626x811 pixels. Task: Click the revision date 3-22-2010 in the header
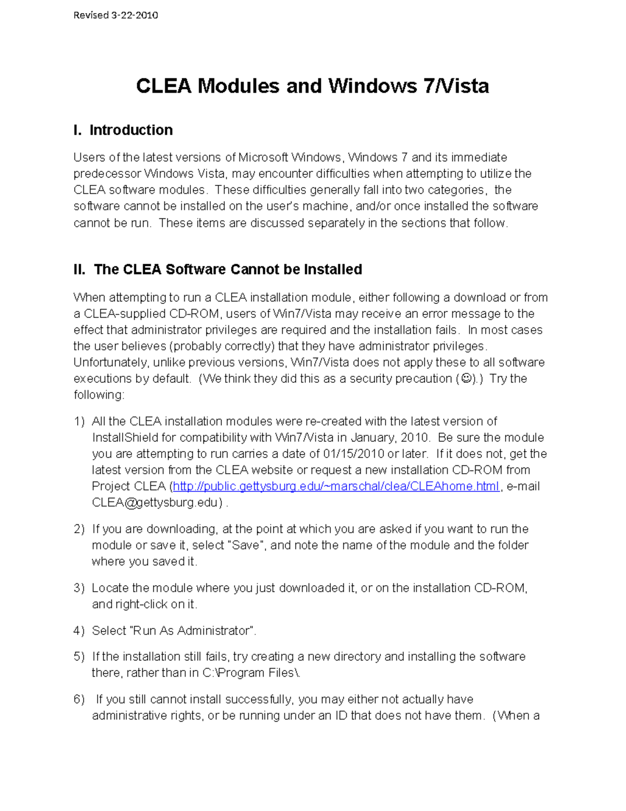135,15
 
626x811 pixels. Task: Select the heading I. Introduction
123,130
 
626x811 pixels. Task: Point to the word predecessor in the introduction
107,173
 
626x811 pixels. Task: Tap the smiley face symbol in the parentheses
466,379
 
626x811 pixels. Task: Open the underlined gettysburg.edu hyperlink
336,487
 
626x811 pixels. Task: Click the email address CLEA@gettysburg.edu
154,503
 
